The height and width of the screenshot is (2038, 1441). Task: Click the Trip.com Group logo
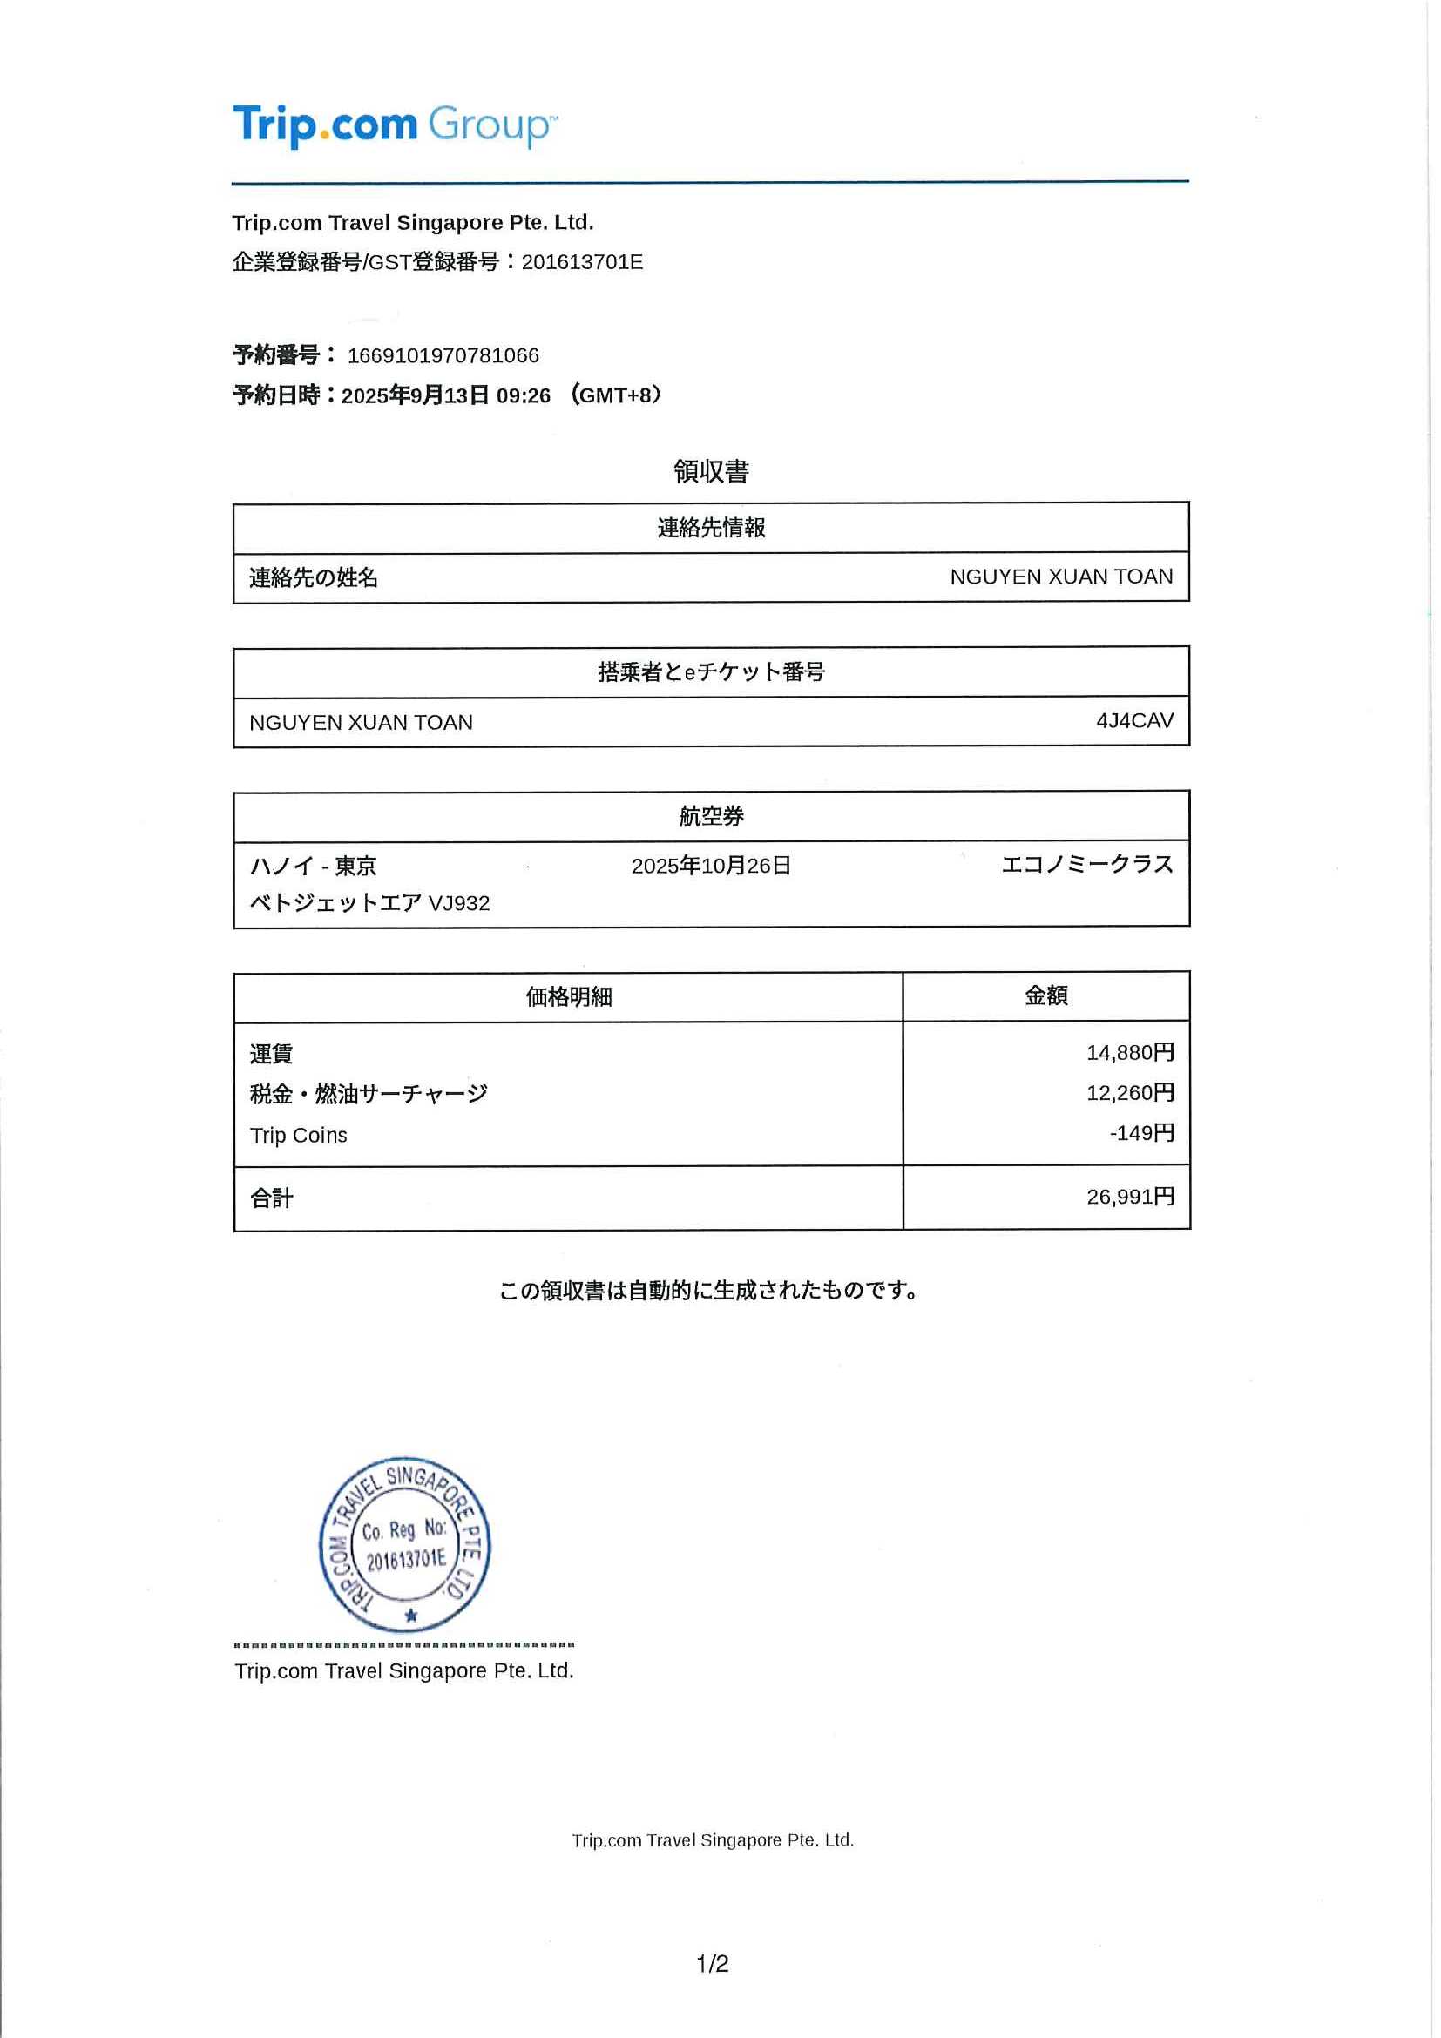(395, 125)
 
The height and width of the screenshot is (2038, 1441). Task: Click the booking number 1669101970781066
(443, 356)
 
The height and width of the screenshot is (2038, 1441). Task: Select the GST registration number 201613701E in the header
(582, 263)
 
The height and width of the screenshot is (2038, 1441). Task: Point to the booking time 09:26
(523, 396)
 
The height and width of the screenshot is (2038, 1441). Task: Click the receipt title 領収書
(710, 471)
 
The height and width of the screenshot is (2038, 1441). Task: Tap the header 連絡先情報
(710, 528)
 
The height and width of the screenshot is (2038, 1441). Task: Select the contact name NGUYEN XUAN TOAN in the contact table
(1060, 577)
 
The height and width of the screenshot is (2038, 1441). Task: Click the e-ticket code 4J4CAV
(1133, 721)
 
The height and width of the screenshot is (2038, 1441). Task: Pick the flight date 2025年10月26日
(710, 866)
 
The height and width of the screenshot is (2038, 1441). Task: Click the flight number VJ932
(459, 904)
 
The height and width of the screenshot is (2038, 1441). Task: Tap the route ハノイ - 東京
(313, 867)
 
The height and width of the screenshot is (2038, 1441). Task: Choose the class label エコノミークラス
(1086, 865)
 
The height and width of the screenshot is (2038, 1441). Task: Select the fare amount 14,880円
(1129, 1053)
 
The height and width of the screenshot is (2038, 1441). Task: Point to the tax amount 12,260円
(1129, 1093)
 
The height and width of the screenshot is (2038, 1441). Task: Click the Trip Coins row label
(298, 1136)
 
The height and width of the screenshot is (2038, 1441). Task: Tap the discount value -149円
(1141, 1132)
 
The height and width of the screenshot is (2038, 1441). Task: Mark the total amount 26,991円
(1129, 1197)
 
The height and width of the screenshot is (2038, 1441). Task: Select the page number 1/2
(712, 1963)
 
